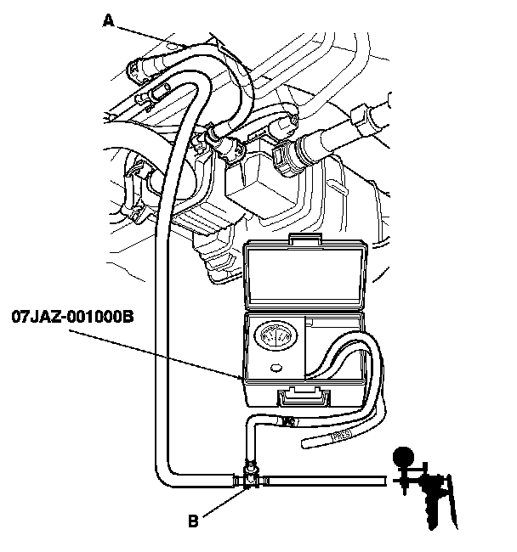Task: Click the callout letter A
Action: point(109,20)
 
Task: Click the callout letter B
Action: point(193,521)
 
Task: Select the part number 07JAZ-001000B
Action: point(73,317)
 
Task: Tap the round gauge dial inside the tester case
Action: point(276,337)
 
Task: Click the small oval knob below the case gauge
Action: point(276,369)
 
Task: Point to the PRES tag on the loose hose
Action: point(341,436)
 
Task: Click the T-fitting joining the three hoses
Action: point(250,478)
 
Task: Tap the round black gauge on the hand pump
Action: point(403,457)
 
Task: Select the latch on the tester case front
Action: point(304,397)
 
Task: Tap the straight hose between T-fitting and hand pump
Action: point(327,481)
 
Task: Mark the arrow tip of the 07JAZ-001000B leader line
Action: point(243,379)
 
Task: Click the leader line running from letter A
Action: point(151,37)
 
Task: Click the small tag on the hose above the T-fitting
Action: point(289,420)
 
